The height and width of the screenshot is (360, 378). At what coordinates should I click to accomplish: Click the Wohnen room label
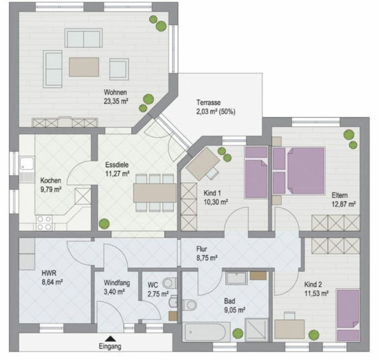(x=115, y=92)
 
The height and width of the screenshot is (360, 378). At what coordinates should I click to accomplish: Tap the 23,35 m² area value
(x=116, y=101)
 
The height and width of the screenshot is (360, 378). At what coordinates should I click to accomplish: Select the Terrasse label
(x=208, y=102)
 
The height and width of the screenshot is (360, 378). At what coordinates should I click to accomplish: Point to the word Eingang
(x=110, y=346)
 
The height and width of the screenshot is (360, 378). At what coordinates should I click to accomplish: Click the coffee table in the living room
(x=84, y=67)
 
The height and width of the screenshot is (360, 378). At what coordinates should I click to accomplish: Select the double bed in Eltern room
(x=306, y=171)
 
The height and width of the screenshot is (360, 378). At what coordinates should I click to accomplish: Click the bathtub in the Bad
(x=206, y=332)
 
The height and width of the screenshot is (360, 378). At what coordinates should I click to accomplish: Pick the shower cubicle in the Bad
(x=256, y=330)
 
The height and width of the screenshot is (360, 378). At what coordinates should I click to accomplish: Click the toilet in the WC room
(x=169, y=283)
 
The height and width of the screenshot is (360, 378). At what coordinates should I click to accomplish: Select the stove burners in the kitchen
(x=44, y=223)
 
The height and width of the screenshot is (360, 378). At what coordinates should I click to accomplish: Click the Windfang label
(x=117, y=283)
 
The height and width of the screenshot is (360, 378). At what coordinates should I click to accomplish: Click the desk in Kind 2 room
(x=289, y=329)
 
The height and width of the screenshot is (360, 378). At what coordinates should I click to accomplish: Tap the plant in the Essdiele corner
(x=104, y=224)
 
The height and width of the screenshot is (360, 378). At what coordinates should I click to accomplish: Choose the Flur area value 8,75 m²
(x=207, y=258)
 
